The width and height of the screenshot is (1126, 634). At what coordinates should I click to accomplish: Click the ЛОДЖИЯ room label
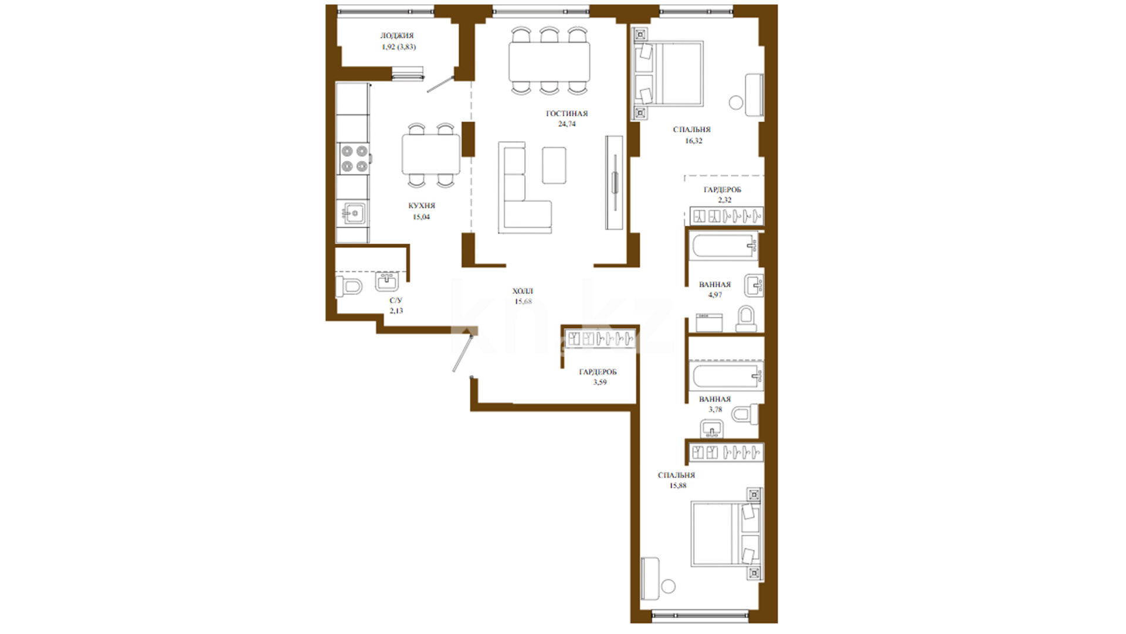[x=396, y=36]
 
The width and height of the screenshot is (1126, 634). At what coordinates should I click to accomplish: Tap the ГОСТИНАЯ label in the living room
[x=567, y=114]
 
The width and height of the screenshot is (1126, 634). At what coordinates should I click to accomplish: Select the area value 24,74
[x=567, y=124]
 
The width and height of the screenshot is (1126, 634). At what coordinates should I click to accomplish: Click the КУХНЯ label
[x=422, y=206]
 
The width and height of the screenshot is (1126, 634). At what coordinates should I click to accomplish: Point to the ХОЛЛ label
[x=523, y=291]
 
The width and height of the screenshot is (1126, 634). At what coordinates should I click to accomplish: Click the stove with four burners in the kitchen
[x=354, y=159]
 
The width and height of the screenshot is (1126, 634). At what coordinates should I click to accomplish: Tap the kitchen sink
[x=354, y=213]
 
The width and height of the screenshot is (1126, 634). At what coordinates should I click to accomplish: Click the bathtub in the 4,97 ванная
[x=725, y=246]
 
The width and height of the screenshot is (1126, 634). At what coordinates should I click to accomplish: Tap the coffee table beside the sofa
[x=554, y=166]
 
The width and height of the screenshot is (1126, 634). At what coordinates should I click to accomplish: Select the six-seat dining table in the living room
[x=550, y=61]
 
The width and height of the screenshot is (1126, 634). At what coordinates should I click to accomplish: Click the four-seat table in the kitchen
[x=431, y=155]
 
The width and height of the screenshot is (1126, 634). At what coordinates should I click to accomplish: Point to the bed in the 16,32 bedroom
[x=668, y=73]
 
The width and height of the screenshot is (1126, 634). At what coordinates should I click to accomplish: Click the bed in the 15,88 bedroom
[x=726, y=534]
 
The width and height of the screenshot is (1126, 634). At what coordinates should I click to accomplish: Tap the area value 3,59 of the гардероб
[x=600, y=382]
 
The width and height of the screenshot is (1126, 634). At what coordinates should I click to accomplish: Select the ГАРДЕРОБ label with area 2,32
[x=723, y=190]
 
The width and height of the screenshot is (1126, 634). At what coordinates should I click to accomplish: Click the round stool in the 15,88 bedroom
[x=668, y=586]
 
